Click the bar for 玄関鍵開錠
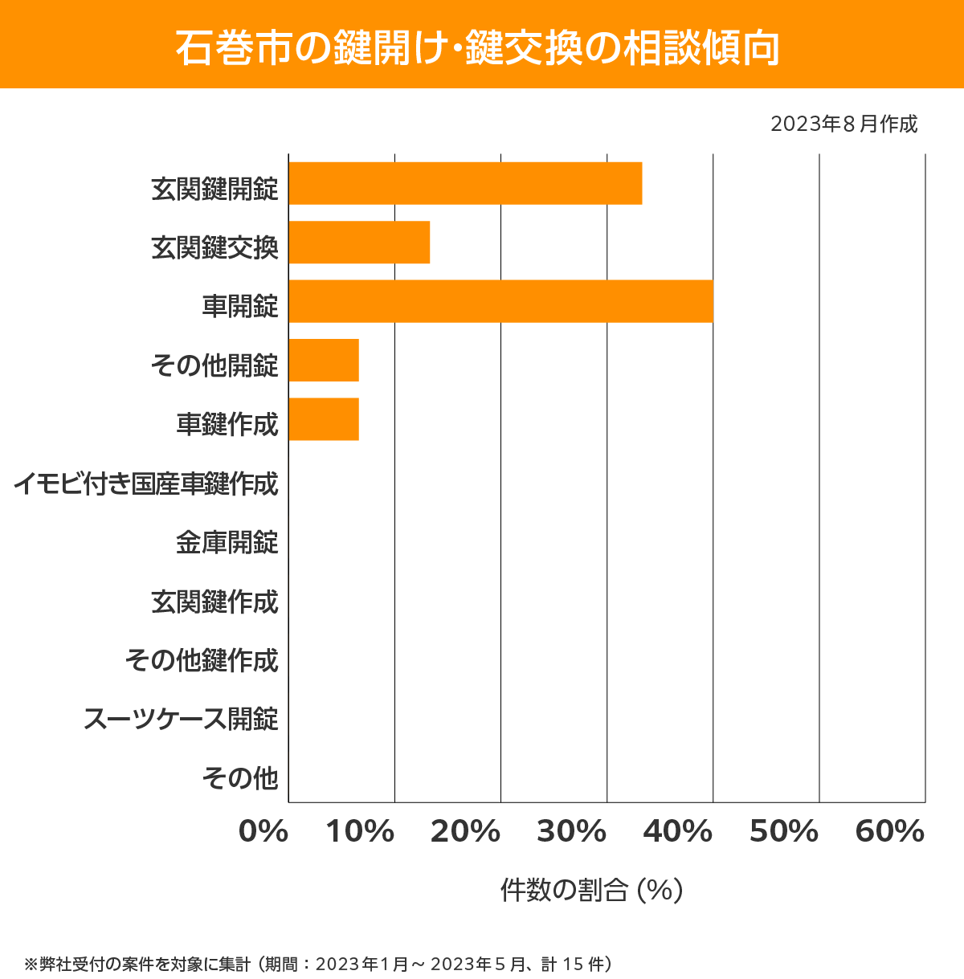[465, 183]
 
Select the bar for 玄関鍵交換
[359, 242]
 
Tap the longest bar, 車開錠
[500, 301]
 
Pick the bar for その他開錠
[324, 360]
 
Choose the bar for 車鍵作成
[324, 419]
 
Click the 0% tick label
[263, 832]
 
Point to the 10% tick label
[360, 832]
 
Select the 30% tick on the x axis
[571, 832]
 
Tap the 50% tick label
[783, 832]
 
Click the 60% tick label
[890, 832]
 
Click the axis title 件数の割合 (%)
[591, 890]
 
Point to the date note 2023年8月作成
[843, 124]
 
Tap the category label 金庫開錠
[227, 543]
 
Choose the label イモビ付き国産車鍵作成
[146, 484]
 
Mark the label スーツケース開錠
[182, 719]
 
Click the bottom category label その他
[240, 777]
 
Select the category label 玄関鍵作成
[214, 602]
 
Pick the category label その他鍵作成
[202, 660]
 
